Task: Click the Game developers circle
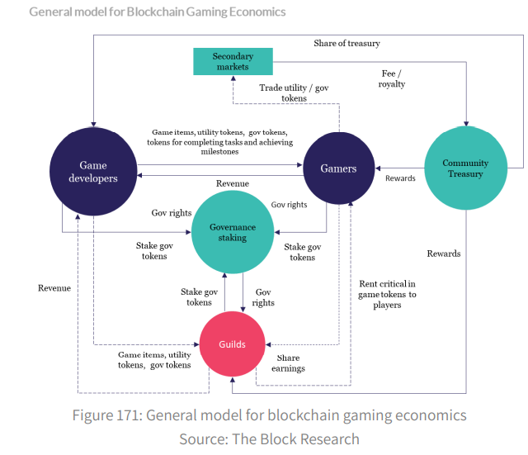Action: [x=92, y=172]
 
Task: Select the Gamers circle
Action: [x=338, y=168]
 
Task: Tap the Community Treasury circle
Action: [x=465, y=168]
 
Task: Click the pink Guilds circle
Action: [x=233, y=344]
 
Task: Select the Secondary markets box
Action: [x=232, y=60]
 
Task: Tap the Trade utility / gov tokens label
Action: [x=283, y=92]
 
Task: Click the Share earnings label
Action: [x=288, y=363]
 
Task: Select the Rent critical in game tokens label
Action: [x=387, y=294]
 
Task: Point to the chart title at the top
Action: [x=157, y=12]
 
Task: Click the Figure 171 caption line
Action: [x=269, y=415]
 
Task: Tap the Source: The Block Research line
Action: [x=269, y=438]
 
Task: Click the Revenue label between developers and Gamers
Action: [x=233, y=183]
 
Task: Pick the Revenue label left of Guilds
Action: [x=54, y=288]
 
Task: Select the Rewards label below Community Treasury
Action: [x=444, y=254]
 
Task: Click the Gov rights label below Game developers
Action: [x=172, y=213]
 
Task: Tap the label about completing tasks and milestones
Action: [x=218, y=142]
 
